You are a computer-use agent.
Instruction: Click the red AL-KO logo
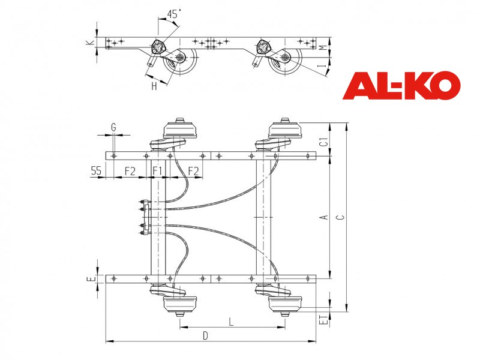pyautogui.click(x=401, y=85)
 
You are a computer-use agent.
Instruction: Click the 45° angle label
pyautogui.click(x=174, y=14)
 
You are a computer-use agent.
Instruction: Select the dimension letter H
pyautogui.click(x=154, y=86)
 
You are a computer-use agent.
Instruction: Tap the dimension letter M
pyautogui.click(x=322, y=48)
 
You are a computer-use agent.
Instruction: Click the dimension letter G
pyautogui.click(x=113, y=127)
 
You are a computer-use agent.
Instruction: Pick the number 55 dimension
pyautogui.click(x=96, y=171)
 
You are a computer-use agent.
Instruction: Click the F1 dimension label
pyautogui.click(x=157, y=171)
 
